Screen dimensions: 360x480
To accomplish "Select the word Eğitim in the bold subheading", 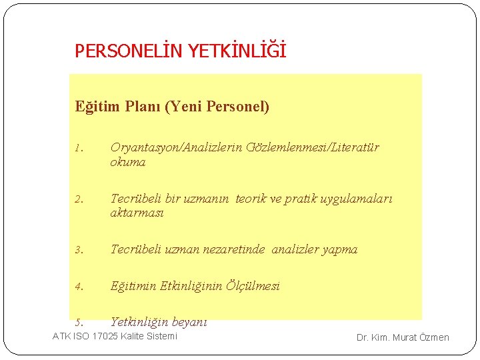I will coord(95,107).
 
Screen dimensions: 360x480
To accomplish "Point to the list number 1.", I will coord(78,149).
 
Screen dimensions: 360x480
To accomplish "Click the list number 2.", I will coord(78,199).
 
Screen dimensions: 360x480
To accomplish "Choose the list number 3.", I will coord(78,251).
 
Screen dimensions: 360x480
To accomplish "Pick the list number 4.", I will coord(78,287).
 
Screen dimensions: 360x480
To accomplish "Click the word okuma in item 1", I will coord(127,162).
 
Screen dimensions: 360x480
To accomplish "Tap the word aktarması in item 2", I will coord(137,213).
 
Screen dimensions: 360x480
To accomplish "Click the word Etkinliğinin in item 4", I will coord(177,286).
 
